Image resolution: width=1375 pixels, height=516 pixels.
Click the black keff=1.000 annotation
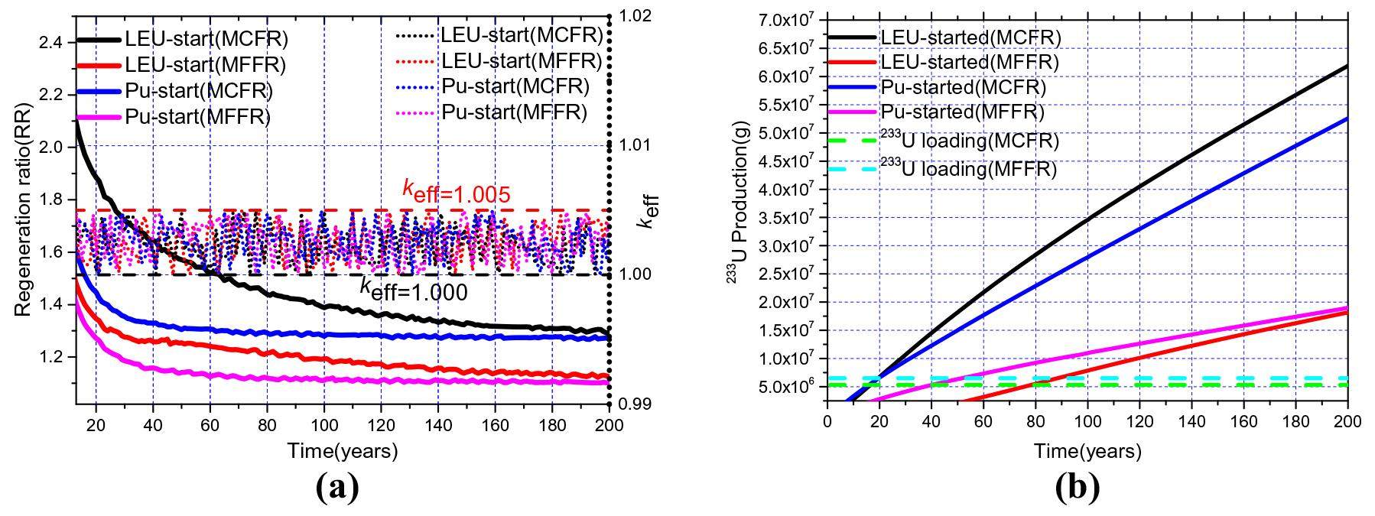click(413, 290)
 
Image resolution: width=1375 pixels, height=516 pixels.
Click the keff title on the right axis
click(650, 210)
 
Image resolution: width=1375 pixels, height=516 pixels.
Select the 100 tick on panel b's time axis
click(1087, 421)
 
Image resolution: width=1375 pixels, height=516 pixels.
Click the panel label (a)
click(336, 487)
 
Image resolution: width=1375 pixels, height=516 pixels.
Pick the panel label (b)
click(1077, 487)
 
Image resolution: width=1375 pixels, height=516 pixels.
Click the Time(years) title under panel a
click(343, 451)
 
